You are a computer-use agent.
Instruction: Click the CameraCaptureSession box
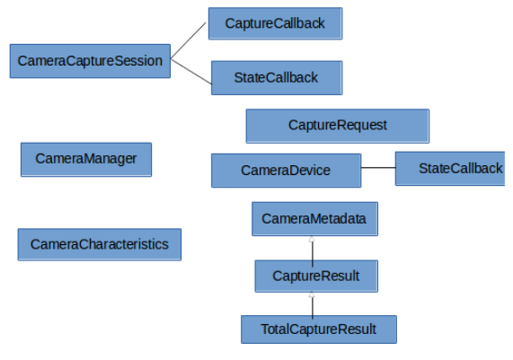click(x=90, y=61)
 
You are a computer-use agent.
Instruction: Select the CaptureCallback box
click(x=275, y=23)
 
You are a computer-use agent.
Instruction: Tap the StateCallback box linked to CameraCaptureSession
click(x=276, y=77)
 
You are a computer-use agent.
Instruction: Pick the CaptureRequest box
click(x=338, y=126)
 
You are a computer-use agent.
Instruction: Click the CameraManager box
click(x=86, y=159)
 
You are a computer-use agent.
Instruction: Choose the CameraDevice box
click(x=286, y=171)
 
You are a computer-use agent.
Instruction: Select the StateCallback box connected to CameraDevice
click(x=454, y=169)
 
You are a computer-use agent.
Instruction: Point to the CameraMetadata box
click(x=314, y=219)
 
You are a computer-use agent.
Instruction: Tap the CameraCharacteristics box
click(x=99, y=244)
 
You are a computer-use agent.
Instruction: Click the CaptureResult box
click(x=315, y=277)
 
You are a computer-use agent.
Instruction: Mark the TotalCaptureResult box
click(x=318, y=329)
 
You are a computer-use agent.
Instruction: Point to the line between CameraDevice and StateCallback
click(x=377, y=168)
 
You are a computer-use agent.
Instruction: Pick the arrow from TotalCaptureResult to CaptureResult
click(x=312, y=304)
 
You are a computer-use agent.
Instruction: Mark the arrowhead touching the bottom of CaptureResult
click(x=312, y=294)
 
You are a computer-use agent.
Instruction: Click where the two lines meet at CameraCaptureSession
click(x=171, y=61)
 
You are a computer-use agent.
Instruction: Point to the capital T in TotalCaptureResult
click(x=264, y=329)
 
